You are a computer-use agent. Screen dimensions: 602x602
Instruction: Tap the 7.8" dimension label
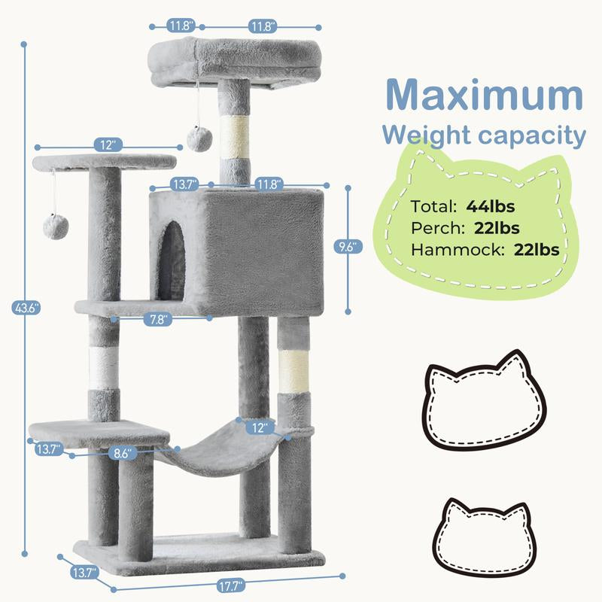tap(158, 319)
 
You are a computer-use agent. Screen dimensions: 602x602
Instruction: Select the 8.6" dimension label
tap(118, 454)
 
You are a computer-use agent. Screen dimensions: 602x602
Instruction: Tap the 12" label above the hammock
tap(260, 427)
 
